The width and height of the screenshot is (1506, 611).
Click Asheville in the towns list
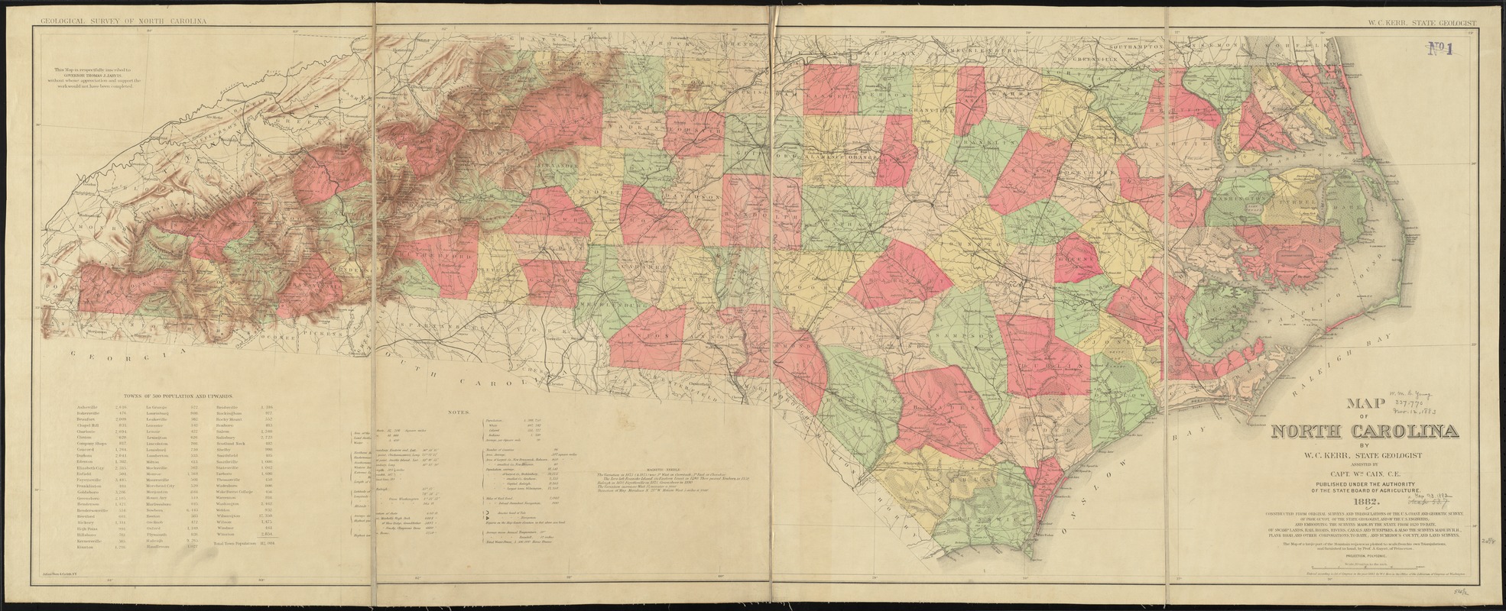[88, 409]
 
